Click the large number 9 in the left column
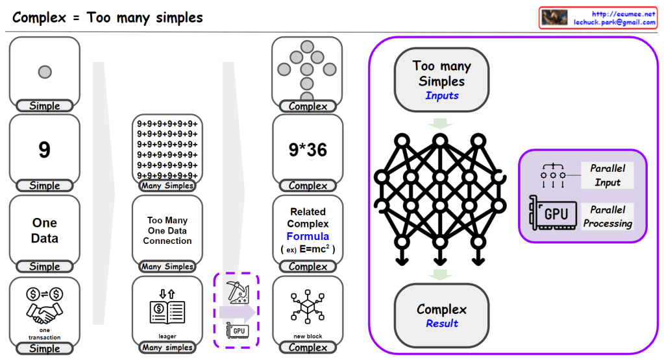(44, 150)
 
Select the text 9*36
(308, 150)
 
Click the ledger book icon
(167, 310)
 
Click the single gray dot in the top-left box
(44, 71)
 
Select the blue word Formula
(308, 237)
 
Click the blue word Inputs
(442, 96)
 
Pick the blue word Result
(442, 324)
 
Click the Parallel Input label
(608, 176)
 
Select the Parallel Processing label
(608, 217)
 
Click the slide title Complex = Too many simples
(107, 18)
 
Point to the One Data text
(44, 230)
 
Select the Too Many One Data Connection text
(167, 230)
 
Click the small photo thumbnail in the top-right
(554, 18)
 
